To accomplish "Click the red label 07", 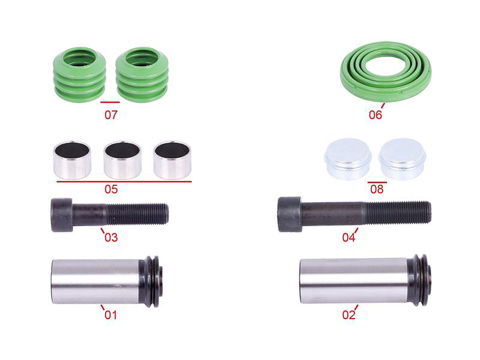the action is point(111,115).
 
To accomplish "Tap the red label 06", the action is point(376,115).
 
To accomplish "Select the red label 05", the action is point(111,189).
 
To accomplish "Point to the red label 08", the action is point(377,189).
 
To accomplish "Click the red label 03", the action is point(111,237).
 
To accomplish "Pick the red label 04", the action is point(349,237).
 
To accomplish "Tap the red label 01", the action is point(111,314).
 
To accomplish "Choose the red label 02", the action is point(349,314).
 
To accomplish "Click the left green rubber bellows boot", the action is point(80,74).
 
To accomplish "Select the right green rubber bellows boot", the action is point(142,74).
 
